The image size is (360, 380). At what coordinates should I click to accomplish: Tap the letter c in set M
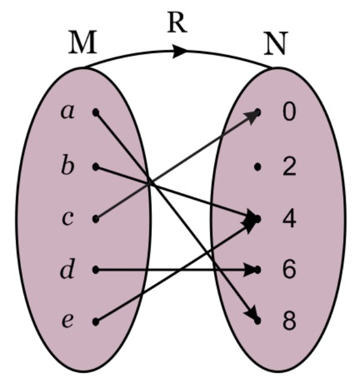click(x=68, y=219)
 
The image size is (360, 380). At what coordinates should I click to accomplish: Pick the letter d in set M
click(x=68, y=270)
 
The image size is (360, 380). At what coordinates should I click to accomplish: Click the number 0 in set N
click(x=289, y=113)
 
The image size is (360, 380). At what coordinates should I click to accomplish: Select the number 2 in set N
click(x=289, y=167)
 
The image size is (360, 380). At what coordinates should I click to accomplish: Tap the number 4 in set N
click(x=289, y=218)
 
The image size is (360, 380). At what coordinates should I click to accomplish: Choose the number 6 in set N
click(x=289, y=270)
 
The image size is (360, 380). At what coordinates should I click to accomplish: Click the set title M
click(x=82, y=43)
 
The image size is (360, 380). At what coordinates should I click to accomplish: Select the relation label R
click(x=177, y=23)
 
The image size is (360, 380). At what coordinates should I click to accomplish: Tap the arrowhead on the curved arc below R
click(x=180, y=52)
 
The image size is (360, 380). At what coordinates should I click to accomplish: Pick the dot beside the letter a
click(x=95, y=112)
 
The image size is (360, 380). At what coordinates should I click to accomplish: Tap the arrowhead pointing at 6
click(x=252, y=270)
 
